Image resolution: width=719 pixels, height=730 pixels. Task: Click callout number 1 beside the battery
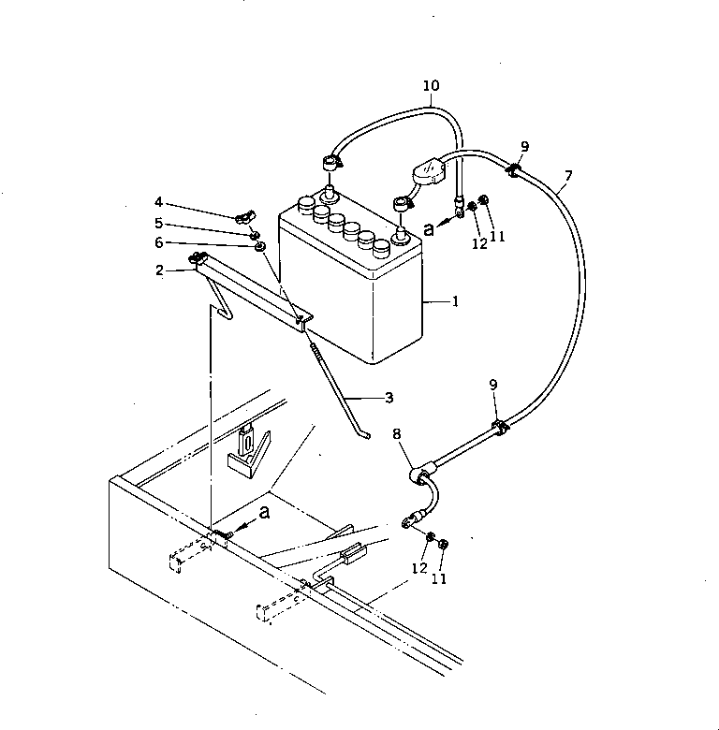pos(455,302)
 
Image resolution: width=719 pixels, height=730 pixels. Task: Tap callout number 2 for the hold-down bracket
pos(160,270)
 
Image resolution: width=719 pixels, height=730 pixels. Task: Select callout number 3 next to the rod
pos(388,397)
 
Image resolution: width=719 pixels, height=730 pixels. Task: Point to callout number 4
pos(159,202)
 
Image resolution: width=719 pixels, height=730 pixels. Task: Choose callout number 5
pos(159,223)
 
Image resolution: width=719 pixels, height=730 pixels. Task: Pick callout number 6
pos(159,242)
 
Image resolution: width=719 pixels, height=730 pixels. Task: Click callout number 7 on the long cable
pos(568,175)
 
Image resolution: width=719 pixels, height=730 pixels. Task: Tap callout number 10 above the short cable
pos(430,86)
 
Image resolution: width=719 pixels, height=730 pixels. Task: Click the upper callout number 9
pos(524,146)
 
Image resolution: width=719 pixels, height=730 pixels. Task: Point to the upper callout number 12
pos(479,243)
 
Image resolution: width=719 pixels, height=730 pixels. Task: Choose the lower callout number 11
pos(439,578)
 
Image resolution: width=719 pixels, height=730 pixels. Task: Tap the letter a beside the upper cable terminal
pos(430,227)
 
